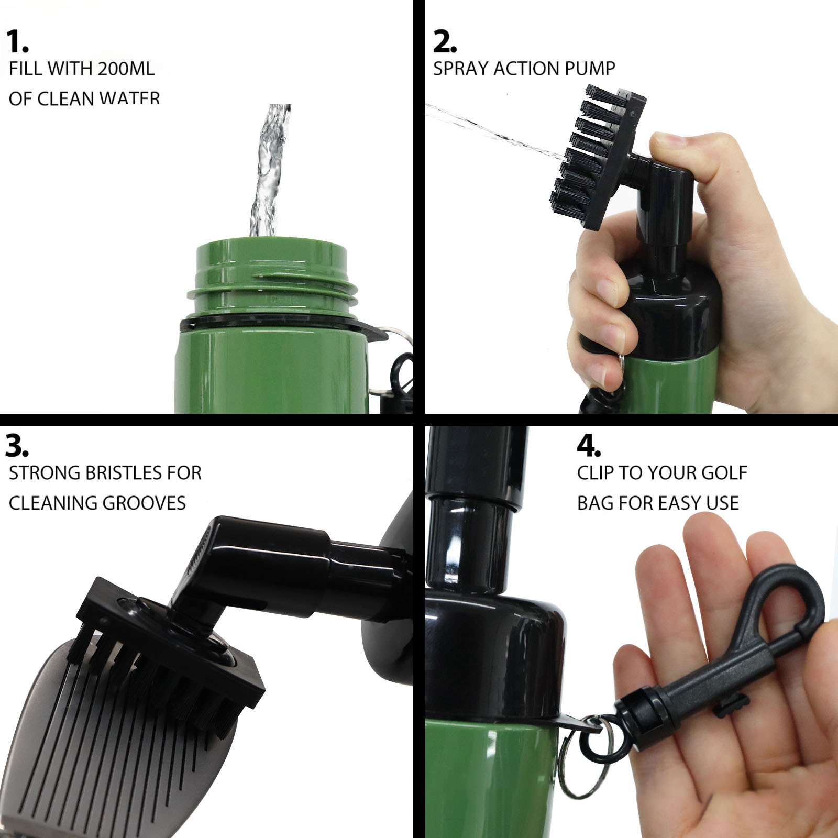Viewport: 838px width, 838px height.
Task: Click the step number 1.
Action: click(17, 41)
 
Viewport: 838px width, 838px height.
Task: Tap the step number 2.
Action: click(445, 41)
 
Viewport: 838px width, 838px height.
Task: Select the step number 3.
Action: click(17, 446)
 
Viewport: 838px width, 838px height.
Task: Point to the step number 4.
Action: click(589, 446)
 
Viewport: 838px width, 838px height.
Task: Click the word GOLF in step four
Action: click(724, 473)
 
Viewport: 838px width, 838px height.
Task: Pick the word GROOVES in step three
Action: click(144, 503)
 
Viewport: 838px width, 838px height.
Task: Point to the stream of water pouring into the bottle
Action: click(269, 170)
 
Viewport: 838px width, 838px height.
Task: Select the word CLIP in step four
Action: click(596, 473)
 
